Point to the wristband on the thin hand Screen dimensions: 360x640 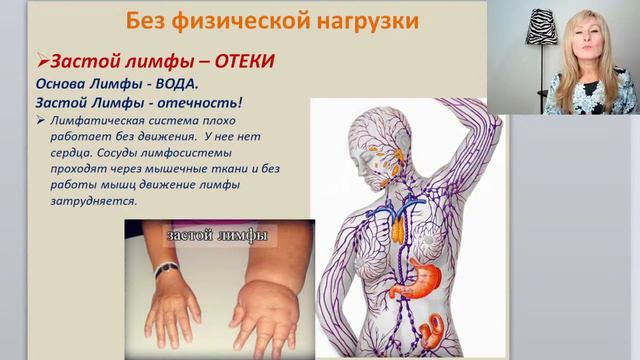(166, 268)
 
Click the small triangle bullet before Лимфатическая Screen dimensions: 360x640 (39, 120)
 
